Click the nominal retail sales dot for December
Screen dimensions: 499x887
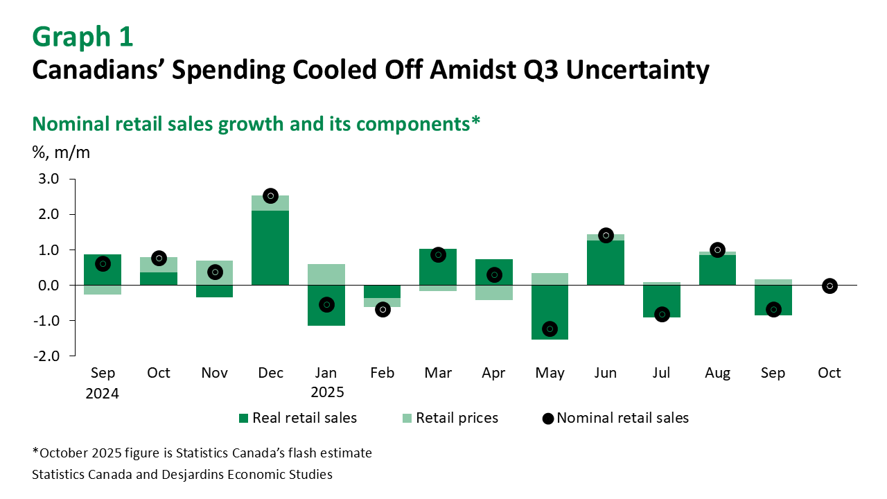tap(271, 196)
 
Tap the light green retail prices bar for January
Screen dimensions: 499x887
tap(326, 274)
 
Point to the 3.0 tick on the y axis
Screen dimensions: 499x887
tap(53, 179)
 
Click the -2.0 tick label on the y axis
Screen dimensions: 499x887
tap(52, 356)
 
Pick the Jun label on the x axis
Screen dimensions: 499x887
tap(606, 373)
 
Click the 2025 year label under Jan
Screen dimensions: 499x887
tap(326, 392)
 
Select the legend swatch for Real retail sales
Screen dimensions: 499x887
tap(243, 418)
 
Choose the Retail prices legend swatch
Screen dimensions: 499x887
tap(407, 418)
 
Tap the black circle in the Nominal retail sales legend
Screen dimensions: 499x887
tap(547, 418)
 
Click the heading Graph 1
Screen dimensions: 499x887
tap(82, 37)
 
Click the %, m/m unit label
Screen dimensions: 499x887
tap(62, 152)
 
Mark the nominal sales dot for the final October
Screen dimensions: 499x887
tap(829, 286)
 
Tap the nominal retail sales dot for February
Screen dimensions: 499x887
tap(383, 310)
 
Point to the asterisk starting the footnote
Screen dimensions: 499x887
tap(35, 452)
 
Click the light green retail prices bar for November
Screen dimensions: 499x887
tap(215, 272)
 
